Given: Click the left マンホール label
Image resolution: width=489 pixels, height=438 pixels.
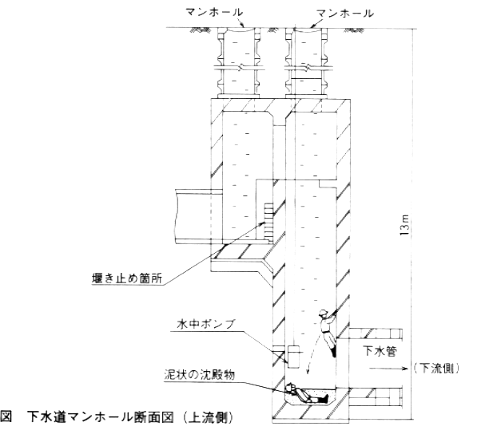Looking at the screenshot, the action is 214,13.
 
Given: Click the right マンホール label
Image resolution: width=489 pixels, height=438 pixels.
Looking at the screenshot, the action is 345,13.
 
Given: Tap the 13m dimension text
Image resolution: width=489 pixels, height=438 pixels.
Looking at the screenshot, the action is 405,224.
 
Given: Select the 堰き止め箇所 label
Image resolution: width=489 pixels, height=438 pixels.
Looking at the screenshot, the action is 127,278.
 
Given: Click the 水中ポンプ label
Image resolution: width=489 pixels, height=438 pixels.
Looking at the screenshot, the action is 206,324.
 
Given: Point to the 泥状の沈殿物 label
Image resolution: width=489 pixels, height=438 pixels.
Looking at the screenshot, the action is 200,375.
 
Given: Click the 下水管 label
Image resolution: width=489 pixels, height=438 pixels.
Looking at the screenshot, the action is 380,351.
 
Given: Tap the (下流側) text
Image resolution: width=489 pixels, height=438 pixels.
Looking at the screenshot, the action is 436,369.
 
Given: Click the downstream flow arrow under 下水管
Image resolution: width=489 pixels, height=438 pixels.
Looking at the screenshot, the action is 388,369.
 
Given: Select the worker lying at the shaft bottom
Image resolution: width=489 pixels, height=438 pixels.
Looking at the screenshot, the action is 307,394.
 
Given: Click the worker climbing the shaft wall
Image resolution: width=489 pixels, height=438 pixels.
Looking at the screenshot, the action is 328,332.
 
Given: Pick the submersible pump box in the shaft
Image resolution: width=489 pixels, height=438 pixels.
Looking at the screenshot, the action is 293,357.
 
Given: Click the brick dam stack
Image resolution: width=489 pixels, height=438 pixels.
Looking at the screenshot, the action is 268,223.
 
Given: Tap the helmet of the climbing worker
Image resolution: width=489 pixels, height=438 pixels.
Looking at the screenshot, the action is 323,312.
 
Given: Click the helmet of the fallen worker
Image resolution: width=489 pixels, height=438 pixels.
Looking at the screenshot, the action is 290,387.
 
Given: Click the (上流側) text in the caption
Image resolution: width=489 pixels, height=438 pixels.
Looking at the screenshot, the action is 208,417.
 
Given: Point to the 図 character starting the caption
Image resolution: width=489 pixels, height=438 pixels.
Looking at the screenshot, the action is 6,417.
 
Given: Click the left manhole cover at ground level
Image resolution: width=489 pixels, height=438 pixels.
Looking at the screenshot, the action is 238,30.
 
